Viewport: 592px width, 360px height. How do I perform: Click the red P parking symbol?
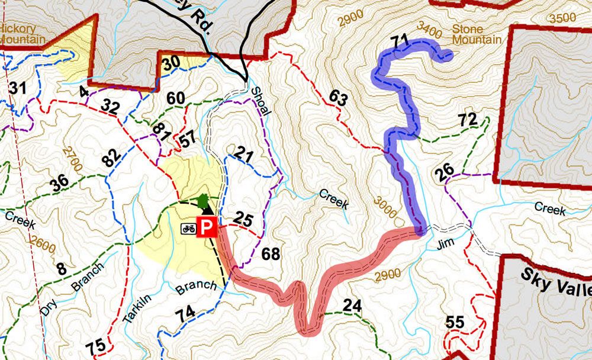207,227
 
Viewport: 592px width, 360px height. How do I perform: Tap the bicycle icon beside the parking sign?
189,227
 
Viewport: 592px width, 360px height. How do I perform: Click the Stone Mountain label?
476,34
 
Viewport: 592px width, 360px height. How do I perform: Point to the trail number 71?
401,41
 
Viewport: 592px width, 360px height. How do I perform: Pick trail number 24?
352,306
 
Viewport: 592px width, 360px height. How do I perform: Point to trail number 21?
243,156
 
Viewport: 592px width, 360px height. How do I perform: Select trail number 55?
455,323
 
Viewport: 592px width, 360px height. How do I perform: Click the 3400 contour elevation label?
429,27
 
